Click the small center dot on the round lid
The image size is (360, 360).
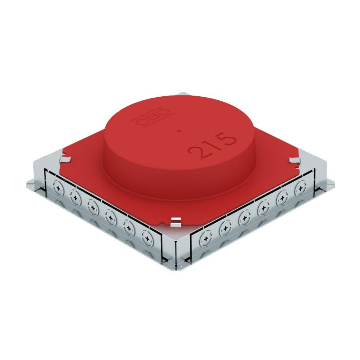click(180, 131)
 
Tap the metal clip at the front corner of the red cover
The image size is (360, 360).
click(175, 222)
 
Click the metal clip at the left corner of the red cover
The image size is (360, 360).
click(65, 159)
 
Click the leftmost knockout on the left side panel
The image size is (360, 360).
click(58, 188)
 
